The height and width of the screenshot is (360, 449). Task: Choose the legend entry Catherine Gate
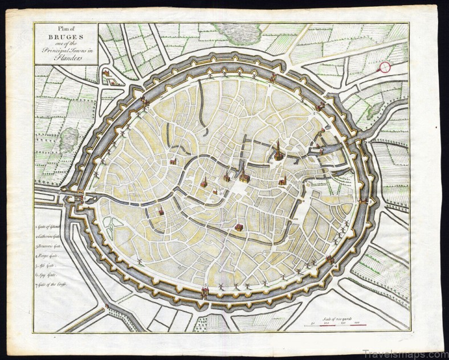tap(51, 236)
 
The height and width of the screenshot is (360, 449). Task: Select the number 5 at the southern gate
tap(205, 285)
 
